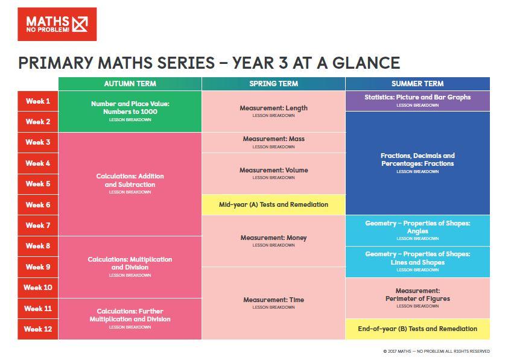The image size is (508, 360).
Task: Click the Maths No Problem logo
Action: point(57,24)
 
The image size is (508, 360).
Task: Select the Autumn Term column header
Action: point(130,84)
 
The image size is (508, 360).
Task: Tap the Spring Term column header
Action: point(273,84)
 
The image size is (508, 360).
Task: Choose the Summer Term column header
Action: point(418,84)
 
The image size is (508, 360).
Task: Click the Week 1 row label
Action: point(37,101)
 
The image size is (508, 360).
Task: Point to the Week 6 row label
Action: point(37,205)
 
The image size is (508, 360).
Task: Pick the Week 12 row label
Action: point(37,329)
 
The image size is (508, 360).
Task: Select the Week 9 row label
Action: point(37,267)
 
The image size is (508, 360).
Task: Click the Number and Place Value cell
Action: point(130,108)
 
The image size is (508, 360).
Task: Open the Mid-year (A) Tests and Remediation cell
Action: point(273,205)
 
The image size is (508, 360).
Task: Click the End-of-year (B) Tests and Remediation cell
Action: point(418,329)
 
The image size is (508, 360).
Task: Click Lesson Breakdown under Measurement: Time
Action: point(273,308)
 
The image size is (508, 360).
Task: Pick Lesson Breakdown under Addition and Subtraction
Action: point(130,192)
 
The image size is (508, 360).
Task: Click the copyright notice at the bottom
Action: point(436,352)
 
